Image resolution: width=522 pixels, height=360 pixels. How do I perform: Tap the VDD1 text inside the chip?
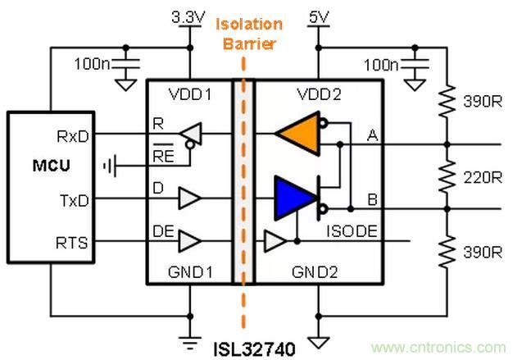(x=189, y=95)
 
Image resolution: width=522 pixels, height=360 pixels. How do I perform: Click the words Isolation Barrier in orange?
(x=248, y=34)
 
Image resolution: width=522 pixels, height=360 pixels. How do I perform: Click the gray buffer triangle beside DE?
(x=189, y=240)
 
